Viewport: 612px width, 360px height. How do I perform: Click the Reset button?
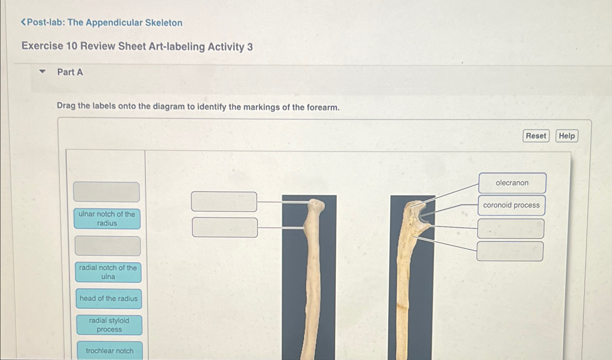pyautogui.click(x=536, y=136)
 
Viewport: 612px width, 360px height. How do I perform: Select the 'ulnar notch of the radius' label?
pyautogui.click(x=107, y=219)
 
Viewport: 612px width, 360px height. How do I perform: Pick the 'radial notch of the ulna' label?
pyautogui.click(x=108, y=272)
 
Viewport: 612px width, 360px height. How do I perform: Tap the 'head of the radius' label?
pyautogui.click(x=109, y=299)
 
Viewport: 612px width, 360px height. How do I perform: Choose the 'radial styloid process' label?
pyautogui.click(x=109, y=325)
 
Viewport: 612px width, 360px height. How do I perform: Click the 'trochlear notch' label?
pyautogui.click(x=109, y=351)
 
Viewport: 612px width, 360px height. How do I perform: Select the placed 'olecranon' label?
pyautogui.click(x=512, y=183)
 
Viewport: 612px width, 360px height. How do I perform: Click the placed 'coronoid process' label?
pyautogui.click(x=511, y=205)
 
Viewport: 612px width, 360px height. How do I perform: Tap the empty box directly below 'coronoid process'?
pyautogui.click(x=511, y=229)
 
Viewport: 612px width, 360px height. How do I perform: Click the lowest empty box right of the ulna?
pyautogui.click(x=510, y=251)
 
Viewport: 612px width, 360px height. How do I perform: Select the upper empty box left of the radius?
pyautogui.click(x=224, y=201)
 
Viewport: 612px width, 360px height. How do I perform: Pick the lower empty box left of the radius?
pyautogui.click(x=225, y=227)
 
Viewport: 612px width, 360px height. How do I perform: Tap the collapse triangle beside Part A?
pyautogui.click(x=43, y=72)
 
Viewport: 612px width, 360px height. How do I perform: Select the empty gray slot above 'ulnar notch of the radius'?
pyautogui.click(x=106, y=192)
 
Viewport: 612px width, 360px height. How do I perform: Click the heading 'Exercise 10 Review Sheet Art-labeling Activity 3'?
pyautogui.click(x=137, y=47)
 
